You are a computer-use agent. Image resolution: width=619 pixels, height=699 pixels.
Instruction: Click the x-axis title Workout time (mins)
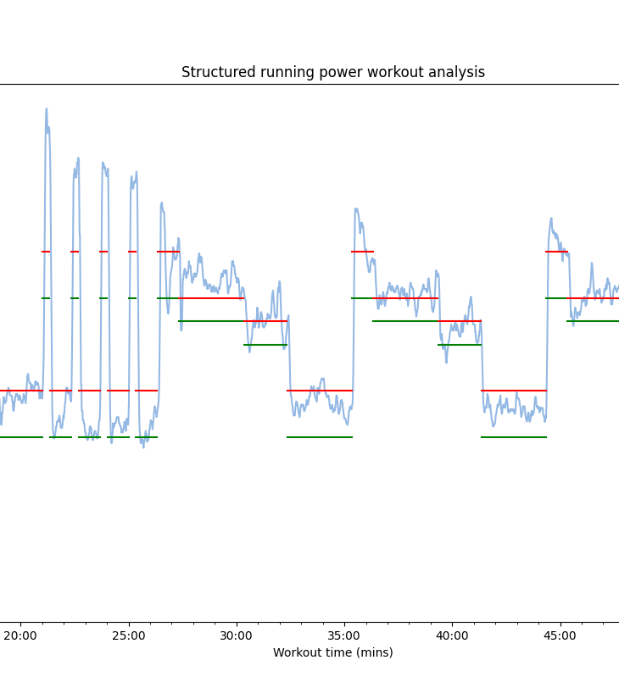point(332,652)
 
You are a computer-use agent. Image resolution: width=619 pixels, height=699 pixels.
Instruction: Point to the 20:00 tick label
point(20,635)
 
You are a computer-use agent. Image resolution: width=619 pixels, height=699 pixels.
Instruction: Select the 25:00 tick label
point(128,635)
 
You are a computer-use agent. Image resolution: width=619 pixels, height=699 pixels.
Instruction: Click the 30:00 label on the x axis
point(236,635)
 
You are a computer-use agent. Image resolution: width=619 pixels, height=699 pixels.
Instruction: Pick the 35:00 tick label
point(343,635)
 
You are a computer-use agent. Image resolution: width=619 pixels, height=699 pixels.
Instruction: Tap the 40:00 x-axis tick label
point(452,635)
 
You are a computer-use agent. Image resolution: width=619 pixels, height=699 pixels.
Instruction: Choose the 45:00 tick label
point(560,635)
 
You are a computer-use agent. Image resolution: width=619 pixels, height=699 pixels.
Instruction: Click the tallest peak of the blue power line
point(47,108)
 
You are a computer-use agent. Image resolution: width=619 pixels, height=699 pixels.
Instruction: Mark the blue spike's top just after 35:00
point(356,208)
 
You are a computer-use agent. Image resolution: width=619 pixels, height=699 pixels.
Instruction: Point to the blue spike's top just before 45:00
point(551,219)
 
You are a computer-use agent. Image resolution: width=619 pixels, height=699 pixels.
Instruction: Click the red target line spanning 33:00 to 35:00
point(320,391)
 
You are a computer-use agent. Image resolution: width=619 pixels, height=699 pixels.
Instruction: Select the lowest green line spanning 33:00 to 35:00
point(320,437)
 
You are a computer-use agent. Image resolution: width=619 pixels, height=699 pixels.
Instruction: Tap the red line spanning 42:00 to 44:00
point(514,391)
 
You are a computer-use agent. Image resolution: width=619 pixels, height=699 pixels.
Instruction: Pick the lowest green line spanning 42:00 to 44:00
point(514,437)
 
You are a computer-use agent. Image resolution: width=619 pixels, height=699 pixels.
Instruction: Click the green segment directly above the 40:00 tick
point(460,345)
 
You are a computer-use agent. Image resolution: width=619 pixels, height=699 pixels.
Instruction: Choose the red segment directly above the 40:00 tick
point(460,321)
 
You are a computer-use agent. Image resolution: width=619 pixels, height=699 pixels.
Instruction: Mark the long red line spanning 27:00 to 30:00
point(201,298)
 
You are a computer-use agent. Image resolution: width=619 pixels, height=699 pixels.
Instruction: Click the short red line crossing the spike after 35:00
point(363,252)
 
